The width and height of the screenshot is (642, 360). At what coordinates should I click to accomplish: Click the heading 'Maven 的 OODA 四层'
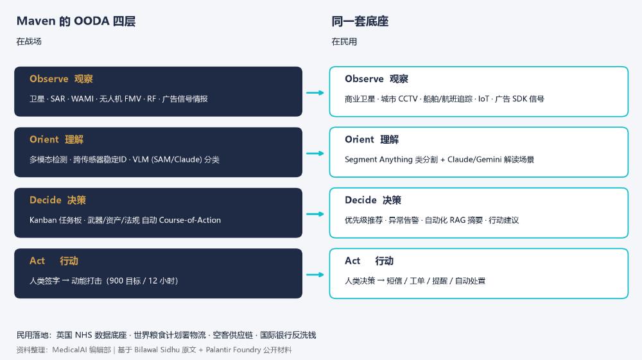point(76,21)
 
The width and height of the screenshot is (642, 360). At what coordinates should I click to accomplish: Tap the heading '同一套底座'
point(360,21)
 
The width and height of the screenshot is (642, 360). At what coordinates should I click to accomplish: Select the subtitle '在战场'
point(29,41)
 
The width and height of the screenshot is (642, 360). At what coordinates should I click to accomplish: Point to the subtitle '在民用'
point(344,41)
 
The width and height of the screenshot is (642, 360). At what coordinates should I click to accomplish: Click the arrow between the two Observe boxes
point(315,93)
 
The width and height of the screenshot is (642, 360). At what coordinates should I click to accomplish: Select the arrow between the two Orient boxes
point(315,153)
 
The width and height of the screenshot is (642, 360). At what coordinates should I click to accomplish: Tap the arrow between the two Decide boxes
point(315,214)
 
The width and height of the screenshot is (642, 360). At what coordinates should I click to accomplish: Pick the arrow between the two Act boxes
point(315,275)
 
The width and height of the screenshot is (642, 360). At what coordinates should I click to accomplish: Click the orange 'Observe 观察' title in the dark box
point(61,79)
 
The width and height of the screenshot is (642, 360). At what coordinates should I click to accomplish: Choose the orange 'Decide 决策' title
point(58,200)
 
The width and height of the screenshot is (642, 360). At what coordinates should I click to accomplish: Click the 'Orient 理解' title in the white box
point(372,139)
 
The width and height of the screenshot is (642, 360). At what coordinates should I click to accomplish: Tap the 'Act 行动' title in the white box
point(369,261)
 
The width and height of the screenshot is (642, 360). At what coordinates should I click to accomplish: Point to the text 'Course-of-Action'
point(189,220)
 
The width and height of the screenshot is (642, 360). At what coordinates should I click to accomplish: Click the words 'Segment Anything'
point(379,160)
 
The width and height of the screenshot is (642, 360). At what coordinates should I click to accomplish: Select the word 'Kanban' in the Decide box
point(43,220)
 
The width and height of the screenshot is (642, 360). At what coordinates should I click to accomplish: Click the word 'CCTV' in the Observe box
point(408,99)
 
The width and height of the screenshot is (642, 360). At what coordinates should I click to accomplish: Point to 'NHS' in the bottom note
point(83,335)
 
